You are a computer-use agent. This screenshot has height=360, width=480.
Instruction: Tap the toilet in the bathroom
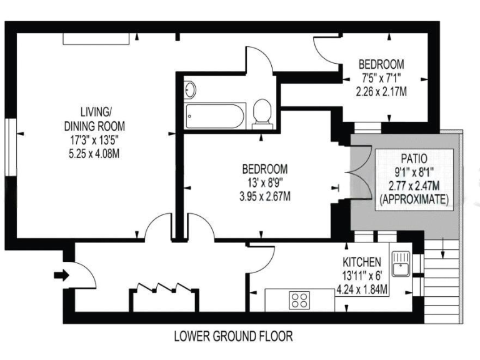(262, 112)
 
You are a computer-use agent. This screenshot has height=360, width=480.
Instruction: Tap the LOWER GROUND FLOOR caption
(233, 336)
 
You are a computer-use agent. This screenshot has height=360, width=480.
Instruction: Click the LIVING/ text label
(96, 112)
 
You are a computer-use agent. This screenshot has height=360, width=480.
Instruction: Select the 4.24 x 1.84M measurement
(362, 289)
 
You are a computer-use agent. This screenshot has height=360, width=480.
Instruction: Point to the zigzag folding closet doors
(161, 288)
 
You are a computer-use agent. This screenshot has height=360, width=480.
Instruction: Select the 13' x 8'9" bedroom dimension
(265, 183)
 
